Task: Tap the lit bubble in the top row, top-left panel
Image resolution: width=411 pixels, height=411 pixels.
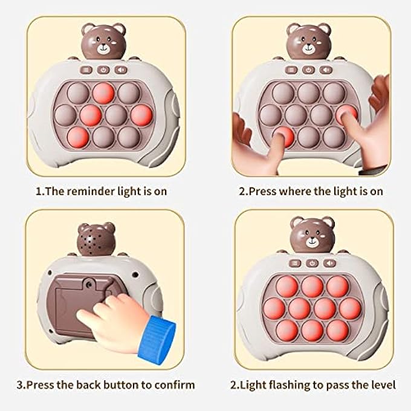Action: coord(103,92)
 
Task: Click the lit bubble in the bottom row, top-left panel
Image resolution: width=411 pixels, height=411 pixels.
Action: coord(77,136)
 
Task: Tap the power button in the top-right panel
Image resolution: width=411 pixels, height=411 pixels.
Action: coord(309,70)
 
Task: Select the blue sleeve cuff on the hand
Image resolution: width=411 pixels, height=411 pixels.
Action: coord(159,333)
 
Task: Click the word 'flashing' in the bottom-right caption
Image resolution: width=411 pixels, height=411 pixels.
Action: coord(294,384)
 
